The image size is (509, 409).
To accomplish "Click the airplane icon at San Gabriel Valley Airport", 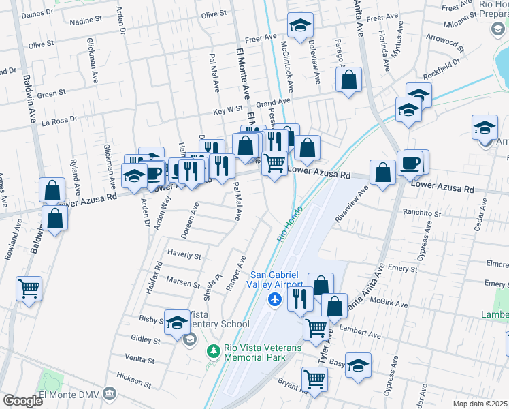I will (275, 299).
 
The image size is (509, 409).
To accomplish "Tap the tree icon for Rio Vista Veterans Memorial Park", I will (212, 350).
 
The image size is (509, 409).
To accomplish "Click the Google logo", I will (22, 400).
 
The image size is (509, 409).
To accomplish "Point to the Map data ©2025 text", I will (480, 404).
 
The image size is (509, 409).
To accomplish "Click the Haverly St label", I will (184, 256).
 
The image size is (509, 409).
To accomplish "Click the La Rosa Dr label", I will (60, 121).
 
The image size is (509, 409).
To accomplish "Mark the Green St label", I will (52, 93).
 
